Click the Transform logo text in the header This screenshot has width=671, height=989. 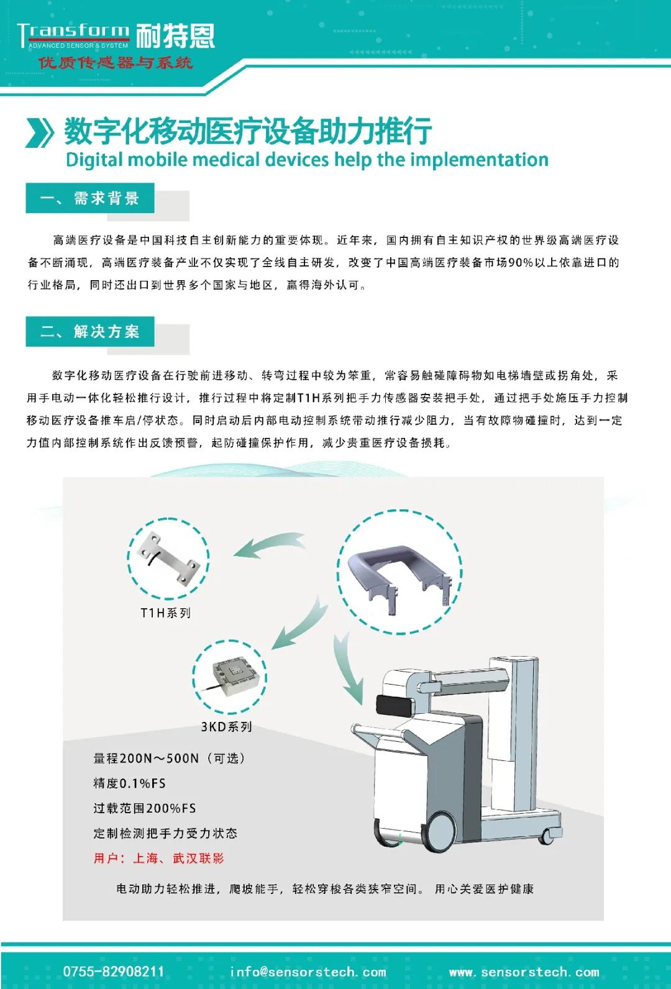click(73, 32)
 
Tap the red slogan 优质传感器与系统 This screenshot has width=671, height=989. click(116, 63)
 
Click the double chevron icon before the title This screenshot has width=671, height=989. click(40, 132)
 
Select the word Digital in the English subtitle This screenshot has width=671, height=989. click(94, 160)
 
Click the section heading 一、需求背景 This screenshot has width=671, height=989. click(89, 198)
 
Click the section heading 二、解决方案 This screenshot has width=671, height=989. click(89, 332)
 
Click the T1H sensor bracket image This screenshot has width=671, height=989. click(168, 559)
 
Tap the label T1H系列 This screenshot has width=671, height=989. click(165, 613)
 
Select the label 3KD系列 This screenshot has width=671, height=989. click(226, 727)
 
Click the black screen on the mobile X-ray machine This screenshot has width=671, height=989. click(395, 706)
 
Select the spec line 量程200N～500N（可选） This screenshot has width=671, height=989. click(169, 759)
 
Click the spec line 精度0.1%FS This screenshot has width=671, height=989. click(129, 783)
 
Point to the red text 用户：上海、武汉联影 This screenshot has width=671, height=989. click(158, 859)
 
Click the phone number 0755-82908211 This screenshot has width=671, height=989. click(114, 972)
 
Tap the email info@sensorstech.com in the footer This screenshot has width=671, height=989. click(308, 972)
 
